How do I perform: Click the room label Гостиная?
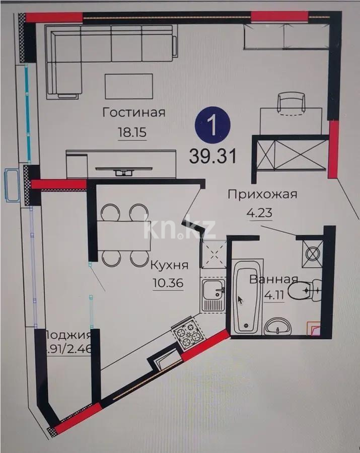(133, 112)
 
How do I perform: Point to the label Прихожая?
(262, 194)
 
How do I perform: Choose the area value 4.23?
(259, 213)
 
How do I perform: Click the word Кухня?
(170, 265)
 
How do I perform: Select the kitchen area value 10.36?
(167, 282)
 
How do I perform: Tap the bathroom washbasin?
(277, 327)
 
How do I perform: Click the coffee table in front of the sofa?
(129, 86)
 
